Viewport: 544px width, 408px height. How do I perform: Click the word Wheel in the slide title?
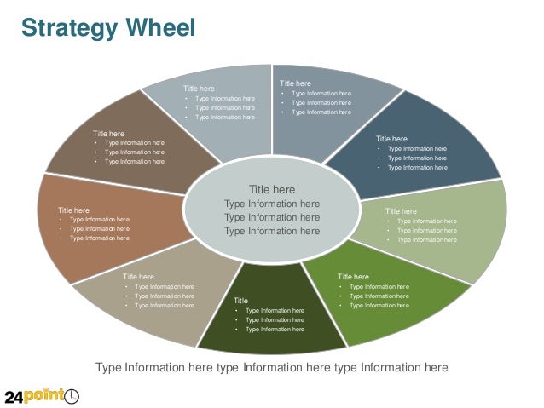pyautogui.click(x=155, y=29)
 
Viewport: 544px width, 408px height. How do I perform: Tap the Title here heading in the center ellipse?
pyautogui.click(x=272, y=189)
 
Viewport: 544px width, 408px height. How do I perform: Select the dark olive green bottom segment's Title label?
pyautogui.click(x=240, y=301)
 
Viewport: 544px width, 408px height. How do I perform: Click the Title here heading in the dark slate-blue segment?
pyautogui.click(x=391, y=138)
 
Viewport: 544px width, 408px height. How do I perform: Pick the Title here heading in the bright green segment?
pyautogui.click(x=353, y=277)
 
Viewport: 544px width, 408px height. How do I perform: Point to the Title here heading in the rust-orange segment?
pyautogui.click(x=73, y=210)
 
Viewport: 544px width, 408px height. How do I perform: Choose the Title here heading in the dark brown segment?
pyautogui.click(x=108, y=134)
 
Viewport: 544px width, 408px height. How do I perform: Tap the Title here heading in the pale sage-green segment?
pyautogui.click(x=401, y=210)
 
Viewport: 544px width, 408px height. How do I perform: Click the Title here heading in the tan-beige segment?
pyautogui.click(x=138, y=277)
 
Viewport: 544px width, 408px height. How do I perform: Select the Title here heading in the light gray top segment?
pyautogui.click(x=199, y=89)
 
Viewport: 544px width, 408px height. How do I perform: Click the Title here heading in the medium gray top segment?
pyautogui.click(x=295, y=83)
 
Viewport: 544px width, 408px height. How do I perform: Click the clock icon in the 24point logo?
pyautogui.click(x=72, y=396)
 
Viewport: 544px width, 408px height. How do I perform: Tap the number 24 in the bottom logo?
pyautogui.click(x=15, y=397)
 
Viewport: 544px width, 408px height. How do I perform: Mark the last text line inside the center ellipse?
pyautogui.click(x=272, y=231)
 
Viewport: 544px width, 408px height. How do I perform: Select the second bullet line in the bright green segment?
pyautogui.click(x=379, y=296)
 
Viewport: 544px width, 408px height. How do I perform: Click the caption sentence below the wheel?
pyautogui.click(x=271, y=368)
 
